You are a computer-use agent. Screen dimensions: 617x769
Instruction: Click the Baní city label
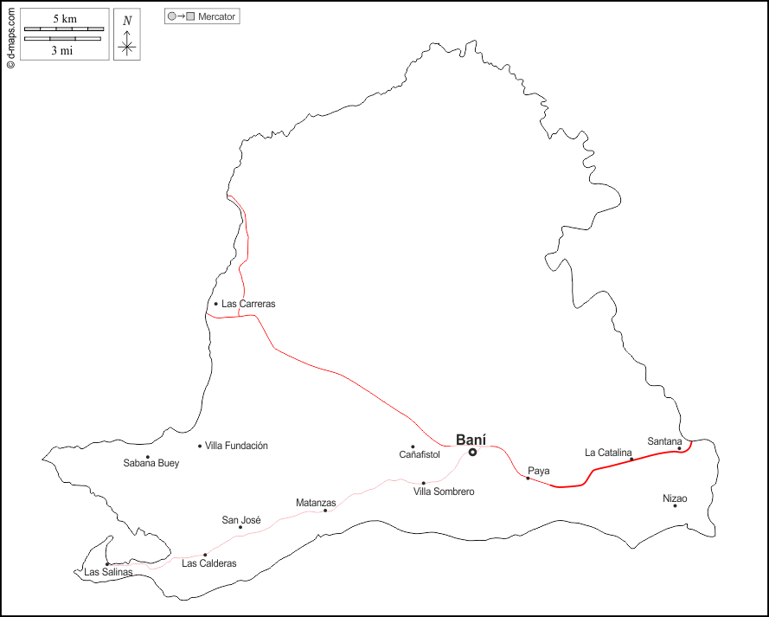pyautogui.click(x=471, y=439)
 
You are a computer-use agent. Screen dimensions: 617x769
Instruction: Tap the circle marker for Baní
pyautogui.click(x=473, y=452)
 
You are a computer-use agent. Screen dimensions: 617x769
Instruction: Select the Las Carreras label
pyautogui.click(x=248, y=304)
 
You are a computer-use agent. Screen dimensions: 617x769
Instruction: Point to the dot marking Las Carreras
pyautogui.click(x=216, y=304)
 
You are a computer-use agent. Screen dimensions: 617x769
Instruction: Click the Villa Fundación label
pyautogui.click(x=236, y=446)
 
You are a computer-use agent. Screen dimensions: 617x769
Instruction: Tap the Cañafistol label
pyautogui.click(x=420, y=454)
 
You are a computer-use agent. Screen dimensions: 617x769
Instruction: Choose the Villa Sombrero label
pyautogui.click(x=444, y=492)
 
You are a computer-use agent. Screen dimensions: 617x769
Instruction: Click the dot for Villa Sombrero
pyautogui.click(x=424, y=483)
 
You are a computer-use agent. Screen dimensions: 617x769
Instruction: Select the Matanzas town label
pyautogui.click(x=316, y=503)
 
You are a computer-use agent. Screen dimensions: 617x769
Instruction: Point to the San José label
pyautogui.click(x=241, y=520)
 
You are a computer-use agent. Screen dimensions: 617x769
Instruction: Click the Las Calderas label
pyautogui.click(x=209, y=563)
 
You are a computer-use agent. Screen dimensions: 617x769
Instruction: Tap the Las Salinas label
pyautogui.click(x=108, y=572)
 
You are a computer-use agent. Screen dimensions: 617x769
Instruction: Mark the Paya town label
pyautogui.click(x=539, y=471)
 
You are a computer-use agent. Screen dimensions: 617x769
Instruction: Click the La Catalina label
pyautogui.click(x=609, y=452)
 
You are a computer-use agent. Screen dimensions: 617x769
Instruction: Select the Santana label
pyautogui.click(x=665, y=441)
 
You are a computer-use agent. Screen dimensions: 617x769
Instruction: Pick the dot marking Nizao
pyautogui.click(x=675, y=505)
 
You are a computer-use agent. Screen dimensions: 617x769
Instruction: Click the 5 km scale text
pyautogui.click(x=64, y=19)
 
